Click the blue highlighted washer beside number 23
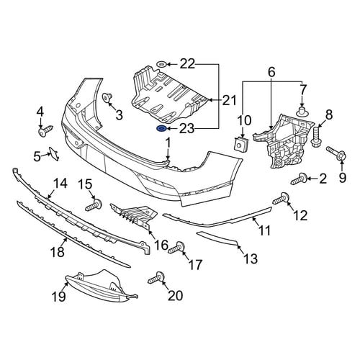pyautogui.click(x=161, y=129)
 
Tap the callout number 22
pyautogui.click(x=187, y=64)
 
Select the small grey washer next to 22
pyautogui.click(x=161, y=64)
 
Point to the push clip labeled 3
pyautogui.click(x=108, y=98)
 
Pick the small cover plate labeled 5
pyautogui.click(x=54, y=153)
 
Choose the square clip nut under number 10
pyautogui.click(x=241, y=145)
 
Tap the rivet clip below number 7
pyautogui.click(x=302, y=112)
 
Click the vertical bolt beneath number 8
pyautogui.click(x=316, y=136)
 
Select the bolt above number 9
pyautogui.click(x=336, y=153)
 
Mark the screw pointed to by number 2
pyautogui.click(x=299, y=179)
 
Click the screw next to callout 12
pyautogui.click(x=281, y=198)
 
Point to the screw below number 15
pyautogui.click(x=94, y=204)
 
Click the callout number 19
pyautogui.click(x=58, y=297)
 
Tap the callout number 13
pyautogui.click(x=251, y=258)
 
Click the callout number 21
pyautogui.click(x=229, y=100)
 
